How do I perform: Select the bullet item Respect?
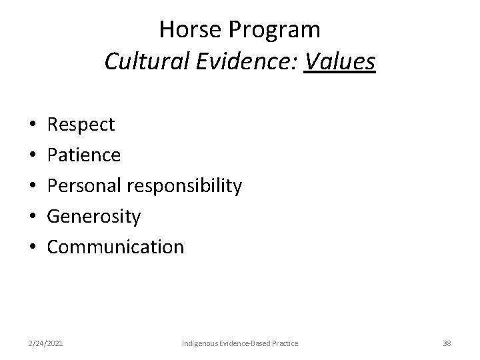point(81,125)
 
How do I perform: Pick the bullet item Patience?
point(84,155)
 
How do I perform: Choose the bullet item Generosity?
point(94,217)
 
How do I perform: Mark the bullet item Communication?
point(115,247)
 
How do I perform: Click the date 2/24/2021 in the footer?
point(46,343)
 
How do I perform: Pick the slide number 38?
point(447,343)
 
